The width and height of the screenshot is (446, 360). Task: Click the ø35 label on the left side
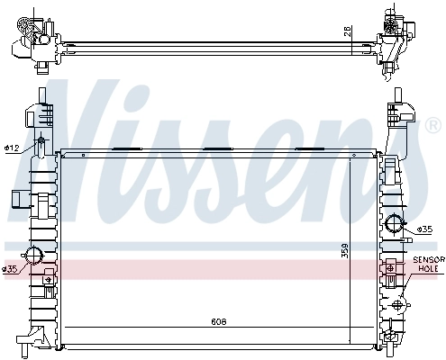point(10,268)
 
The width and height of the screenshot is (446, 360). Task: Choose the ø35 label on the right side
point(425,230)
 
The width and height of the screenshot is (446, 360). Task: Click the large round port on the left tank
point(35,255)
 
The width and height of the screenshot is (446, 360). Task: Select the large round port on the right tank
point(395,225)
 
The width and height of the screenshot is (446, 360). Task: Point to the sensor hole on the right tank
point(390,267)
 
